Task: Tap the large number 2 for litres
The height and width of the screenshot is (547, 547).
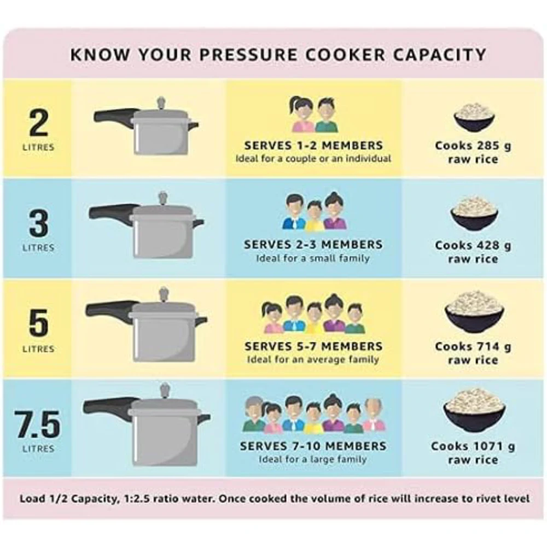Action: (38, 122)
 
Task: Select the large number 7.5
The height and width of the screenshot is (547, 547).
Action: (38, 424)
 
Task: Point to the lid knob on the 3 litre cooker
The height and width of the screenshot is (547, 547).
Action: (162, 198)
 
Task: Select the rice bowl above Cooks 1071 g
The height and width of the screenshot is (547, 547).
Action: (474, 411)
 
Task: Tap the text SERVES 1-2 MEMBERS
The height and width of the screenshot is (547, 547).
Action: (313, 145)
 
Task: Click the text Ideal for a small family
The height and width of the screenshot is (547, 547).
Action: (313, 259)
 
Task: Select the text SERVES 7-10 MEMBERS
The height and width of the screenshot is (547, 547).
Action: (313, 446)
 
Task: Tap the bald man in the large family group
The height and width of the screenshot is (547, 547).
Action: (374, 415)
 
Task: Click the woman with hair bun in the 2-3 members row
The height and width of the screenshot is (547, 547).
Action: (334, 211)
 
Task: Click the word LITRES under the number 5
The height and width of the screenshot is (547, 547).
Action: (38, 348)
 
